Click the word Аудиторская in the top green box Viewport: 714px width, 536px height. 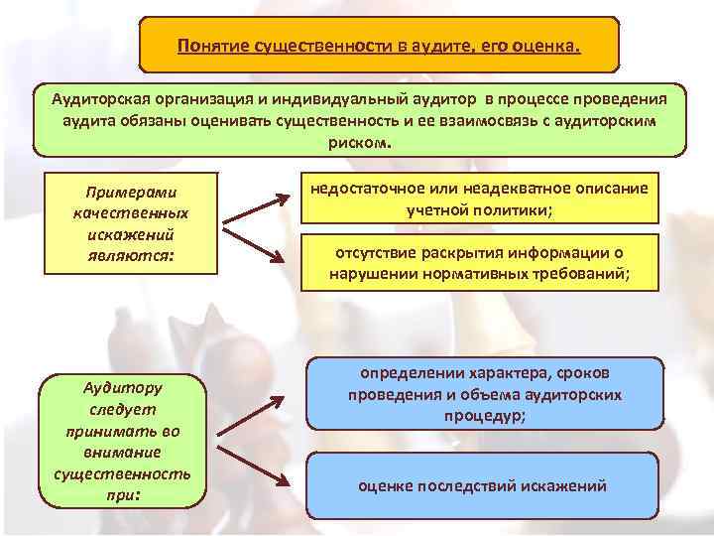100,99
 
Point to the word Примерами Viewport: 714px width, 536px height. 131,193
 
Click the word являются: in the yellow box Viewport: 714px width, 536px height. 131,256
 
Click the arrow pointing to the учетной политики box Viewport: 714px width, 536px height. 256,209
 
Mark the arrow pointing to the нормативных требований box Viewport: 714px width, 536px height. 254,246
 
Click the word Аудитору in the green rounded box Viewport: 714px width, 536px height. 123,388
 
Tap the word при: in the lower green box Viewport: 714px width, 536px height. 123,495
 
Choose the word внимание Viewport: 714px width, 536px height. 123,453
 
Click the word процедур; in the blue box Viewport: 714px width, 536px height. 485,416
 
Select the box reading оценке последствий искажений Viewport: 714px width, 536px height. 483,485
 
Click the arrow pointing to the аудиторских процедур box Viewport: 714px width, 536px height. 251,416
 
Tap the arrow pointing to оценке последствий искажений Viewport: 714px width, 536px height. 253,467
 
